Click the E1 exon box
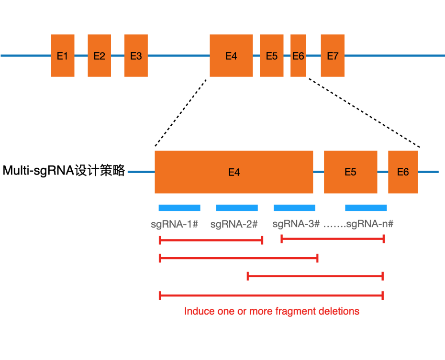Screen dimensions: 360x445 (x=63, y=55)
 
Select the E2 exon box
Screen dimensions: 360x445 (x=99, y=55)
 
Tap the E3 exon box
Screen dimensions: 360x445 (x=136, y=55)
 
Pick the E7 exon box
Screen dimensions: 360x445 (x=333, y=55)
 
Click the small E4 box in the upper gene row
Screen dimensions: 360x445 (x=231, y=55)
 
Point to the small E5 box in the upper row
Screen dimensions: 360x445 (x=271, y=55)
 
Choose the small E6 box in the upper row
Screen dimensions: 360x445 (x=298, y=55)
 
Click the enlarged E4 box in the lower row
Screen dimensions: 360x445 (x=234, y=172)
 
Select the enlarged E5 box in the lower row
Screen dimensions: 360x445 (x=350, y=172)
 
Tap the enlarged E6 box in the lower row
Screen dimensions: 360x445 (x=403, y=172)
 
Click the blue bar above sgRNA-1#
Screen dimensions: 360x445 (x=179, y=207)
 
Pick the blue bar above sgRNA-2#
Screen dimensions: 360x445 (x=237, y=207)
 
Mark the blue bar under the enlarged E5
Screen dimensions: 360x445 (x=366, y=207)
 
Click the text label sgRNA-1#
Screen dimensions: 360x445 (x=174, y=224)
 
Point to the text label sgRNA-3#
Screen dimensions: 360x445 (x=296, y=224)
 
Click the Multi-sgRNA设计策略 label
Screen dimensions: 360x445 (x=64, y=171)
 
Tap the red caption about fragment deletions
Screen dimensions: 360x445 (x=271, y=311)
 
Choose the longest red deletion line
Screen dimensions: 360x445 (x=271, y=295)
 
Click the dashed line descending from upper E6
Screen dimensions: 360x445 (x=364, y=113)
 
